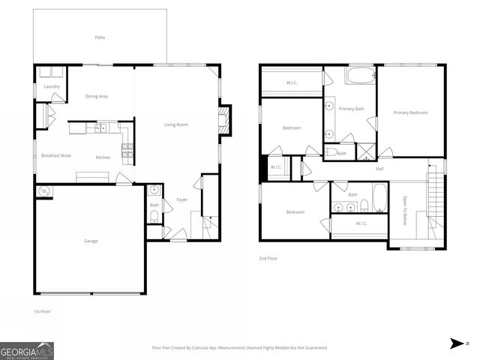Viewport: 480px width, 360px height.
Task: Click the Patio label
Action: pyautogui.click(x=99, y=37)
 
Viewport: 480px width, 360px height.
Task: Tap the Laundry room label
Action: pyautogui.click(x=52, y=86)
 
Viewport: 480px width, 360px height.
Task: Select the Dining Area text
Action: pyautogui.click(x=97, y=96)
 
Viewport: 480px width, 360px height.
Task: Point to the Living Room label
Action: pyautogui.click(x=176, y=124)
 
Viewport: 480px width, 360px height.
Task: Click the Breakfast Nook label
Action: pyautogui.click(x=55, y=155)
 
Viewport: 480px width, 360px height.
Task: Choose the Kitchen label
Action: pyautogui.click(x=103, y=157)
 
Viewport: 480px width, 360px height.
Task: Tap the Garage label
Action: pyautogui.click(x=91, y=241)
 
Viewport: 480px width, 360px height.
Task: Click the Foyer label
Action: pyautogui.click(x=181, y=199)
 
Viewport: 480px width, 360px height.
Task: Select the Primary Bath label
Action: pyautogui.click(x=351, y=109)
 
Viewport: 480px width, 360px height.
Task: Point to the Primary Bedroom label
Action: pyautogui.click(x=410, y=112)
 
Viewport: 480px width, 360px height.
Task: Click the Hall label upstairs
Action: pyautogui.click(x=379, y=169)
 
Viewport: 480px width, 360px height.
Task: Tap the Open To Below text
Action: pyautogui.click(x=405, y=211)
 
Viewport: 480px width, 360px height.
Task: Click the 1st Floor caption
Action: pyautogui.click(x=42, y=310)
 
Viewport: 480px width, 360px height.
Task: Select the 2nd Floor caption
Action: pyautogui.click(x=268, y=258)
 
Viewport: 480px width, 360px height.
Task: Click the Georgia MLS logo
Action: pyautogui.click(x=27, y=350)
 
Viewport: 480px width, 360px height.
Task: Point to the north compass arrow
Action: pyautogui.click(x=455, y=343)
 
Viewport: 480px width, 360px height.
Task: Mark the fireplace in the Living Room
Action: pyautogui.click(x=223, y=120)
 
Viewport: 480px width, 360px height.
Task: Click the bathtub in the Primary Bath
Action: pyautogui.click(x=359, y=76)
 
